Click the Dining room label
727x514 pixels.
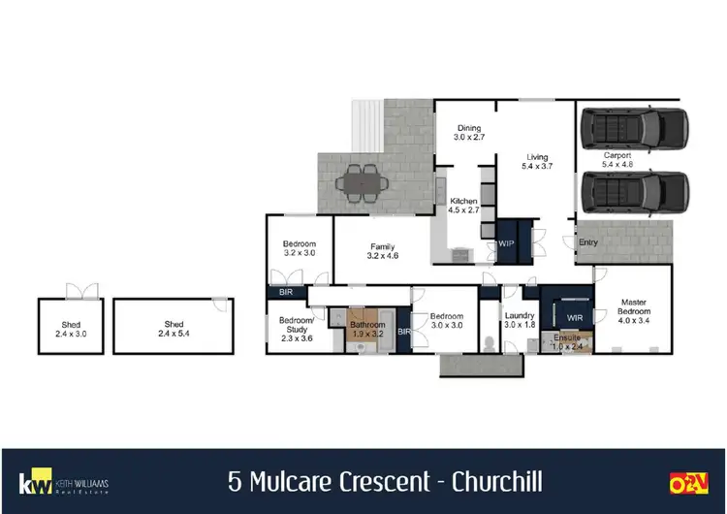(468, 127)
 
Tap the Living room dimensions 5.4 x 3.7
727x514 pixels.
(537, 168)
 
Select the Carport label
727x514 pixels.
(616, 155)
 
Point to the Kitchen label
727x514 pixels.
(463, 200)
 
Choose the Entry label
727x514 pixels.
(588, 242)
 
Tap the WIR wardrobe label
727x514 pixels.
(574, 316)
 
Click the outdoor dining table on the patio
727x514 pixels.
(363, 180)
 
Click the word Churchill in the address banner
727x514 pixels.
(482, 481)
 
